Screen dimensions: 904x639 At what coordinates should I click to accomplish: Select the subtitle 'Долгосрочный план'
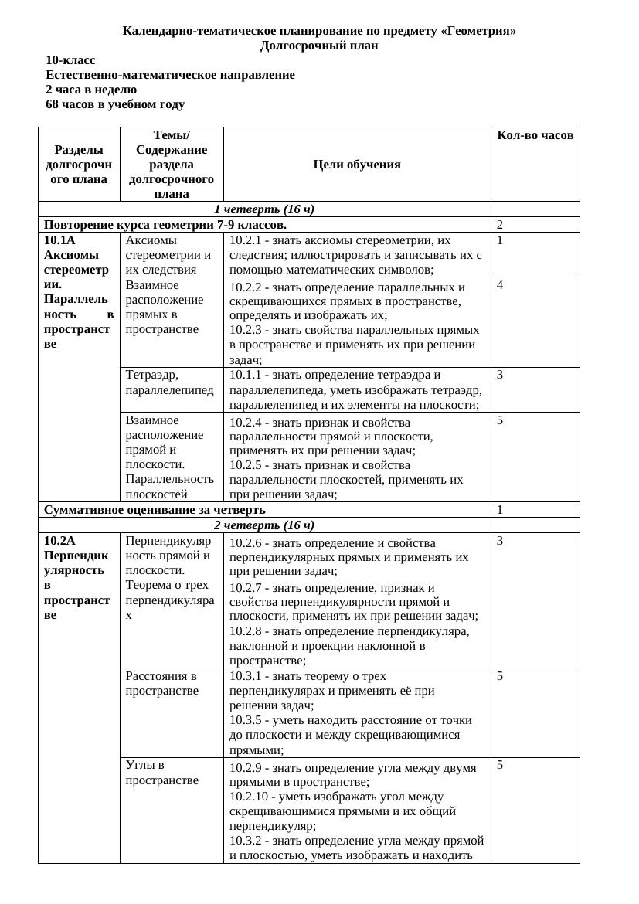point(319,46)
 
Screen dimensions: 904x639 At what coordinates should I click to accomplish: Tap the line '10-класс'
point(70,60)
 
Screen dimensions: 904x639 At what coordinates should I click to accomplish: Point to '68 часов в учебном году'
point(115,104)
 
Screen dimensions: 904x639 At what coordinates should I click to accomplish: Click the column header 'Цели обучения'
point(357,164)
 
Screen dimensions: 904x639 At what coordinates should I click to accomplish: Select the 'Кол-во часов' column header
point(535,135)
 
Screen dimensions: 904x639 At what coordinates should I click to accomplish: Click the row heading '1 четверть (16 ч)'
point(264,209)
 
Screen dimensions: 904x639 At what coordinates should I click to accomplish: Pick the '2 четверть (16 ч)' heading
point(264,525)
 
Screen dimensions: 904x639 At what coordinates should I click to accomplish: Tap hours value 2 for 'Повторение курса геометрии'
point(500,225)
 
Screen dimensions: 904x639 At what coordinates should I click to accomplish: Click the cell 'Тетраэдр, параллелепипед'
point(169,382)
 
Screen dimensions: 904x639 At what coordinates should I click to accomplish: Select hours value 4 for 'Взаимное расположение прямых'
point(500,285)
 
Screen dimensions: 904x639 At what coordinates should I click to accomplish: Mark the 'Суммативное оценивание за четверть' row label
point(155,510)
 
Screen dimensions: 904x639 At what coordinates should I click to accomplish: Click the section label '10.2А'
point(59,541)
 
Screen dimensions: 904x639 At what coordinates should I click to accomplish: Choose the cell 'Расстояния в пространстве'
point(161,683)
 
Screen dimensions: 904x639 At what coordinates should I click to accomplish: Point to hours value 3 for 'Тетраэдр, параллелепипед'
point(500,375)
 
